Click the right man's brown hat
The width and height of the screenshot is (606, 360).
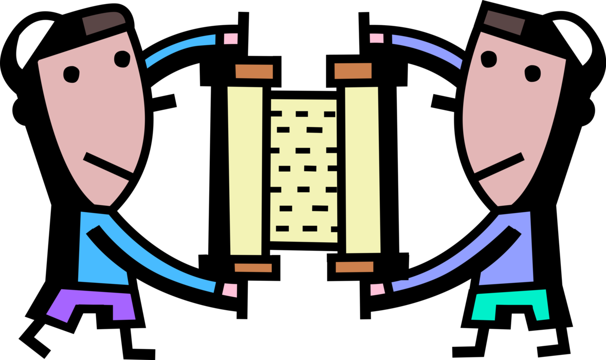(x=504, y=23)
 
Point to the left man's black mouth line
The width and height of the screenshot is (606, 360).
(x=108, y=166)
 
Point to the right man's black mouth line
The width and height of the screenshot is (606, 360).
(x=499, y=166)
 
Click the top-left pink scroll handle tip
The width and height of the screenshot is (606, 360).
(x=231, y=39)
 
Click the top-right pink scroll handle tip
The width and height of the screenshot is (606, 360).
(x=376, y=38)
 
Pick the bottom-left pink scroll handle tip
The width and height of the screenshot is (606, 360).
(x=230, y=290)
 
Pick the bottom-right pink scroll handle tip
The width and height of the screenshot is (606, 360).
(x=377, y=289)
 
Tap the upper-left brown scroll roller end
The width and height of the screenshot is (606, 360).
(x=254, y=71)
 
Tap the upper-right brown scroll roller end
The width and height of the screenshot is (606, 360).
(x=353, y=71)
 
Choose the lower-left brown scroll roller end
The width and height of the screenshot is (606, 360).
(x=253, y=267)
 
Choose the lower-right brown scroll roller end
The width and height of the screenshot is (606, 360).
(x=354, y=267)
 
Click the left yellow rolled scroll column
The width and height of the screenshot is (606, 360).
(x=245, y=170)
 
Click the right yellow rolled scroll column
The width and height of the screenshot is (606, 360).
(x=362, y=170)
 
